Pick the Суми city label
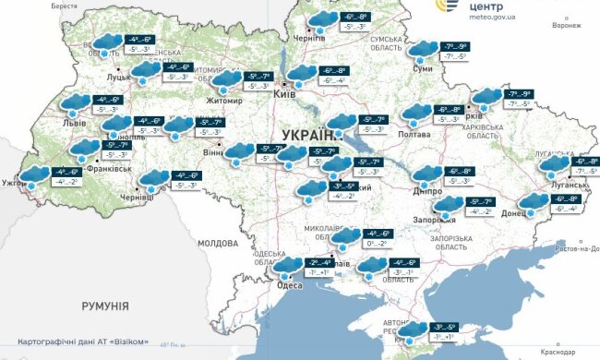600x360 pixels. pyautogui.click(x=423, y=68)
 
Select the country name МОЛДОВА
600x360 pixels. pyautogui.click(x=218, y=243)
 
